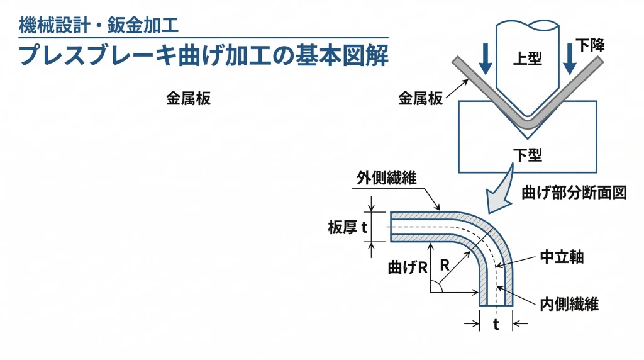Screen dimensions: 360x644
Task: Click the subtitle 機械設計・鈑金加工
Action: [99, 26]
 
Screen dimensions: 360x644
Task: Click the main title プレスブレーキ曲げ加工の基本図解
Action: [203, 55]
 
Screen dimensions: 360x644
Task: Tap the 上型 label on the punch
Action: [527, 59]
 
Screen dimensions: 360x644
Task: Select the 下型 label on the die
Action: [527, 154]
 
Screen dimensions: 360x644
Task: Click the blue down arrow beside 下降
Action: [569, 59]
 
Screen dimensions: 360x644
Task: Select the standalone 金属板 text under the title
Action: [188, 99]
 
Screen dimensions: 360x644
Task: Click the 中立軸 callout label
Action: [562, 258]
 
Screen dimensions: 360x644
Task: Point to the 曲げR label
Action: [408, 267]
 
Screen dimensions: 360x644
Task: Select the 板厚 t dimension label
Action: [347, 228]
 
